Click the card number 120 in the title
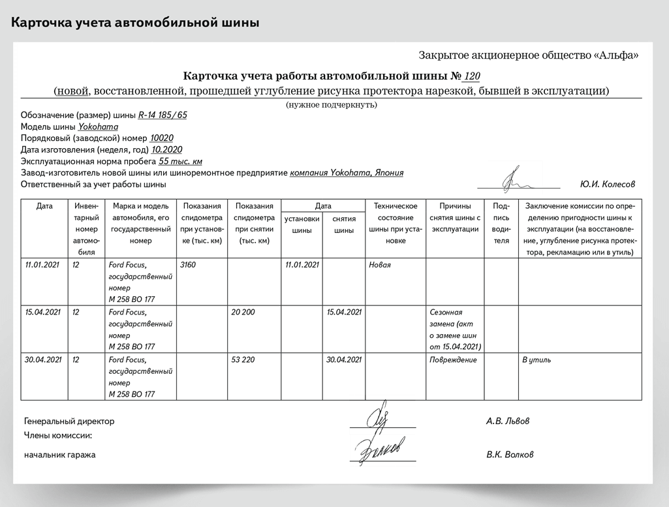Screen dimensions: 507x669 coord(471,76)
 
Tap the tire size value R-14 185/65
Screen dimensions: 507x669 coord(163,115)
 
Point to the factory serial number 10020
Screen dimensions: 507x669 coord(162,138)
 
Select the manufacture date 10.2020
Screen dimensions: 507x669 coord(167,150)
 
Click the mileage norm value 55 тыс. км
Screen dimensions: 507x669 coord(181,161)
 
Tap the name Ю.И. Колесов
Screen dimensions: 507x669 coord(607,185)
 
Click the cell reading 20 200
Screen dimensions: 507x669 coord(243,312)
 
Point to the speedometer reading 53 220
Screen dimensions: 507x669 coord(243,360)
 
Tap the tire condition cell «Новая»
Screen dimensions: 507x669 coord(380,265)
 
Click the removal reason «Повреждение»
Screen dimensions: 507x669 coord(453,360)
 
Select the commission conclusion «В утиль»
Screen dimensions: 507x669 coord(537,360)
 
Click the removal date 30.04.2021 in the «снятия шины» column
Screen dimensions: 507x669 coord(344,360)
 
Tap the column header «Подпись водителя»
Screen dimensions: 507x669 coord(501,223)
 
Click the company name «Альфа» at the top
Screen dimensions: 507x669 coord(617,55)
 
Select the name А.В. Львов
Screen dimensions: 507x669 coord(508,421)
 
